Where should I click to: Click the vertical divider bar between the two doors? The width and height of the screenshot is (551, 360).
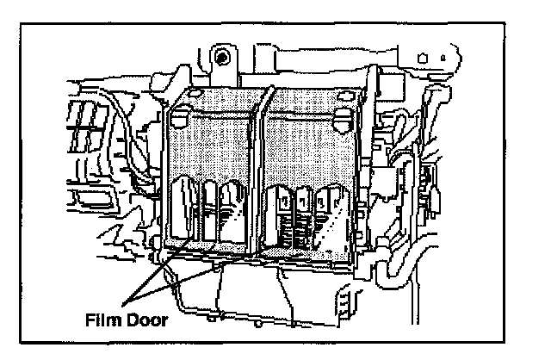[260, 172]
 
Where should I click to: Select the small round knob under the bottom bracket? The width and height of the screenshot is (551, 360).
[257, 325]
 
